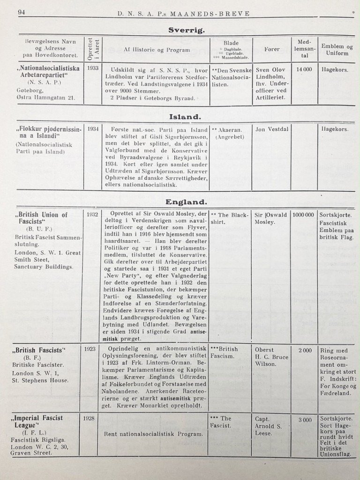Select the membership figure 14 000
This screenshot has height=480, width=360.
click(x=303, y=69)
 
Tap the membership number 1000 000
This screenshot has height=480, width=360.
click(x=304, y=215)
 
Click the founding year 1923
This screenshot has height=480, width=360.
click(x=91, y=349)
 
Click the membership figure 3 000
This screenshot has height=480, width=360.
click(x=305, y=420)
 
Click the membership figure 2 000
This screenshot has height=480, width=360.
click(x=305, y=350)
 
